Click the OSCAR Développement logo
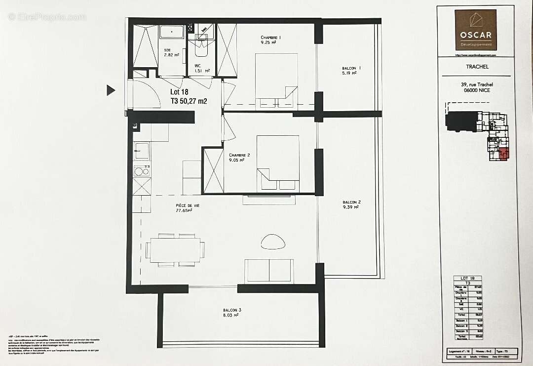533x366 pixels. coord(475,30)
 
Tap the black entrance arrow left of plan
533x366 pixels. coord(111,90)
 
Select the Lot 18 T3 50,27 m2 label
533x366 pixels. coord(189,96)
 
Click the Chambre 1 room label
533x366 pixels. coord(270,40)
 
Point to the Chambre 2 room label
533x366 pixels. coord(239,158)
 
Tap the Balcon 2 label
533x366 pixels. coord(351,204)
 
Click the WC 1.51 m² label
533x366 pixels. coord(202,68)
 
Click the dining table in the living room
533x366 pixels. coord(175,250)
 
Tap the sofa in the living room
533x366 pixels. coord(269,270)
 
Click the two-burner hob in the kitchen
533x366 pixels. coord(142,171)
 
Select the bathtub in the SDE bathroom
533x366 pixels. coord(171,33)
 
